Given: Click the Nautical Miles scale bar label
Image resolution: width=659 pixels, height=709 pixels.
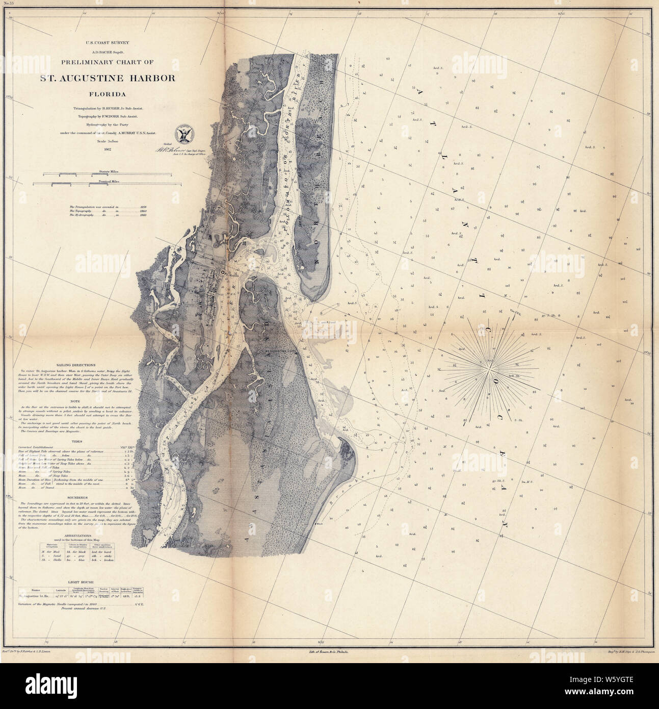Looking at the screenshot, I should (102, 181).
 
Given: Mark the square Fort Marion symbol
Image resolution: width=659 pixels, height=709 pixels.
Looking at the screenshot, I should (223, 272).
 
